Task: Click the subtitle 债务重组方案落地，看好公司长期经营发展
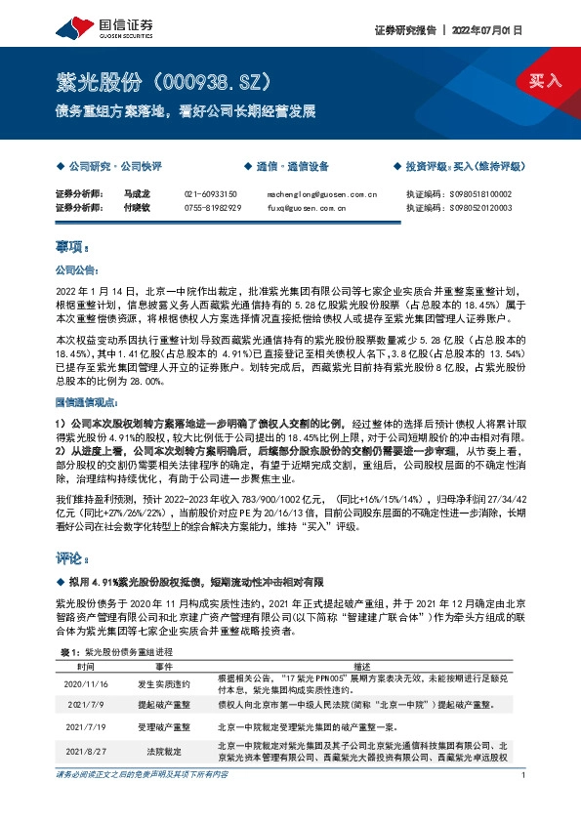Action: click(186, 111)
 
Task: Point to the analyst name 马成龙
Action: click(135, 194)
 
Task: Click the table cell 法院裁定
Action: click(163, 752)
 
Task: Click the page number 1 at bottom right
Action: click(524, 802)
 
